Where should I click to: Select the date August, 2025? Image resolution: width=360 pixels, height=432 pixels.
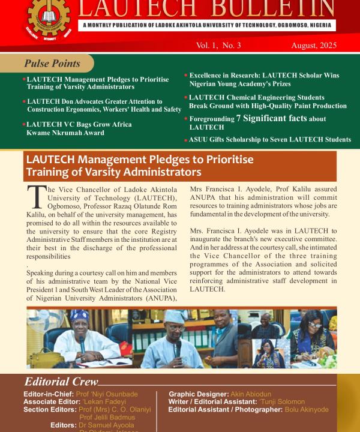pyautogui.click(x=314, y=46)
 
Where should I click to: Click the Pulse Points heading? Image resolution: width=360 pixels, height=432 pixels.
pyautogui.click(x=52, y=64)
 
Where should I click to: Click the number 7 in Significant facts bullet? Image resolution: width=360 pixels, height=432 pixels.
pyautogui.click(x=239, y=118)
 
